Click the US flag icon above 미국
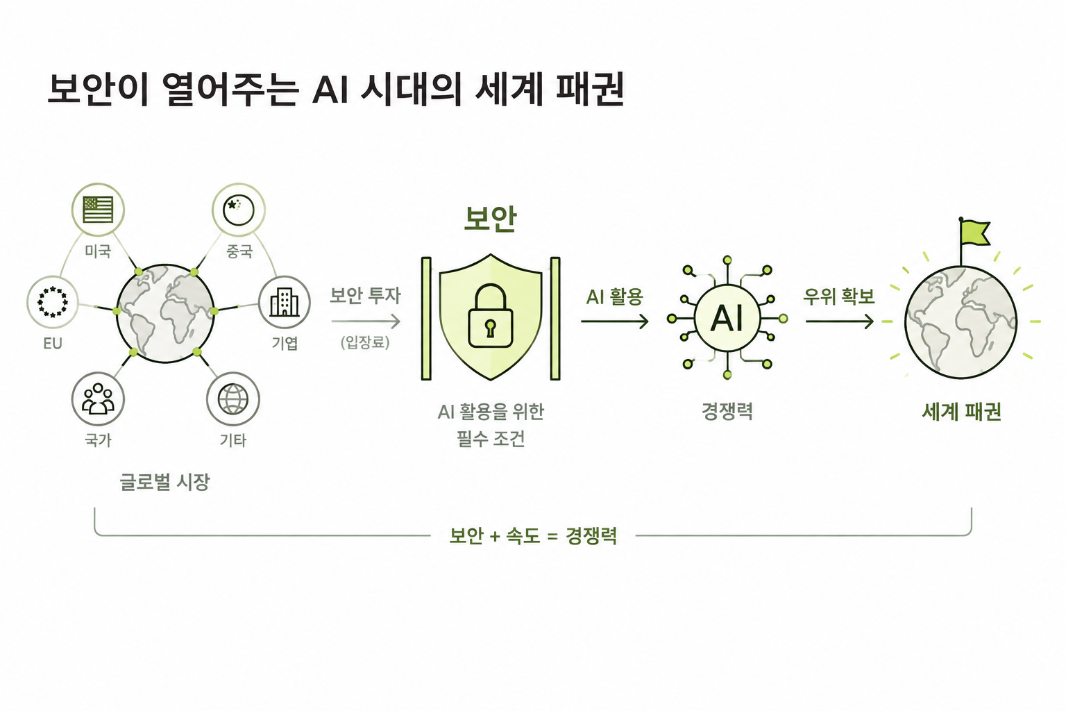tap(98, 210)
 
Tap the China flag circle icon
tap(239, 210)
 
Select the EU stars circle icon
tap(53, 302)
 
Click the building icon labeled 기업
tap(285, 302)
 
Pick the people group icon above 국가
tap(98, 399)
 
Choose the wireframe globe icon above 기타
tap(233, 399)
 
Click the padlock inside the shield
tap(491, 316)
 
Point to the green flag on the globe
tap(975, 233)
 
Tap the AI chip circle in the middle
tap(727, 317)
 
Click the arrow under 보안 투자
tap(366, 321)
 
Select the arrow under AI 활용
tap(615, 321)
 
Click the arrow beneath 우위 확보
tap(840, 321)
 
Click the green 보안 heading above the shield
tap(491, 219)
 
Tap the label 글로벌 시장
tap(164, 482)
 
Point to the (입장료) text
tap(366, 342)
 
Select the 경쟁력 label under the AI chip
tap(727, 412)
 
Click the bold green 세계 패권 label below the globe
tap(962, 412)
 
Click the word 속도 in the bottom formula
tap(523, 536)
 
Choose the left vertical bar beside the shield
tap(426, 319)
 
